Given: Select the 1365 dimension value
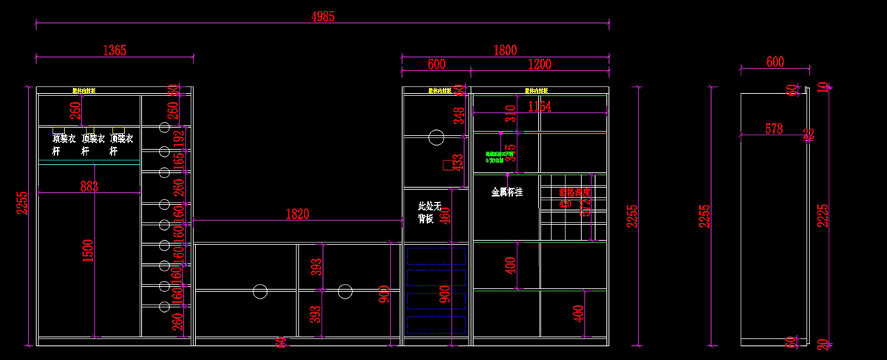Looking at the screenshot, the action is pos(115,50).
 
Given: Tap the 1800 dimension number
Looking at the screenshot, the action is pos(505,50).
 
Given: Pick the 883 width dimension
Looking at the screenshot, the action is pos(89,187).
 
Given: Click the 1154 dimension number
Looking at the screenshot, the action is pos(540,106).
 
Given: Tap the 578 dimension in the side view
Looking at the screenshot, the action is pos(774,129).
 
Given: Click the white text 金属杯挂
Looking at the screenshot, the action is pos(507,192).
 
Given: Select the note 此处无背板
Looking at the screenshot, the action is pos(429,212).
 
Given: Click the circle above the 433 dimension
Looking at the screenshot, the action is pos(435,137).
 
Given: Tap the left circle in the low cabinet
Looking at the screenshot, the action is pos(259,291).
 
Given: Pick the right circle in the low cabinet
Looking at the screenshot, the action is pos(344,291).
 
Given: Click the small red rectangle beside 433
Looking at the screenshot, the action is pos(448,165).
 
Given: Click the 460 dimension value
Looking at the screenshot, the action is pos(445,214).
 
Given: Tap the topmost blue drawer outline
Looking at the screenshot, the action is pos(437,256).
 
